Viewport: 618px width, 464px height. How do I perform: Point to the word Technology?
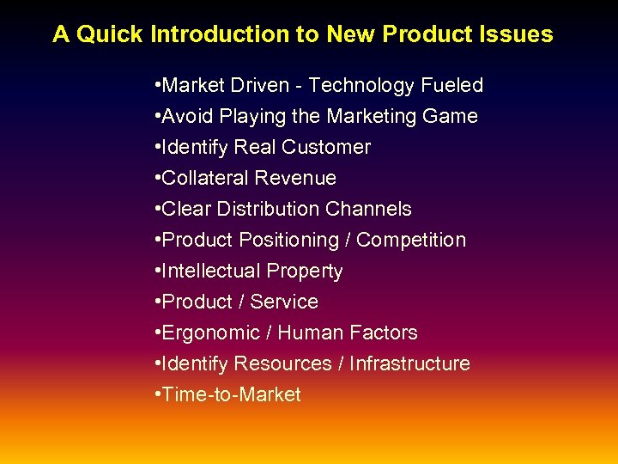pos(361,86)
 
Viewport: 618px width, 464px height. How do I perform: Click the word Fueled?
pos(451,86)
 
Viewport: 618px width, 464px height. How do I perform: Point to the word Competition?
pos(411,241)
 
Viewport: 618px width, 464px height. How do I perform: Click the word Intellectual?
pos(209,272)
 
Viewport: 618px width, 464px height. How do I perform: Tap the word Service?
pos(284,302)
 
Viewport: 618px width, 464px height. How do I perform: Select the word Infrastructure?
pos(410,364)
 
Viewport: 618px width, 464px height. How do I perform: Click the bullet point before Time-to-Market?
pos(159,395)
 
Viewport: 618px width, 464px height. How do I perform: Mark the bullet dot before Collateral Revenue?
pos(159,179)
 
